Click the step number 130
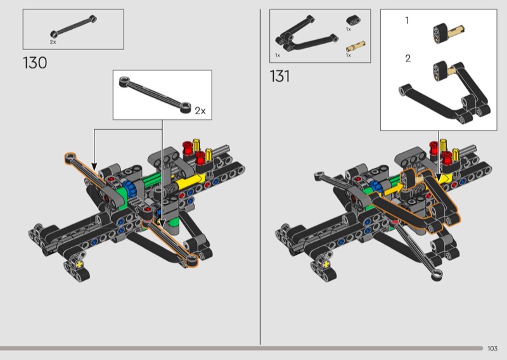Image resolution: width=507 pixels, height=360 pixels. [x=35, y=63]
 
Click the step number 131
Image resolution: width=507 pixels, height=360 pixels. [x=279, y=76]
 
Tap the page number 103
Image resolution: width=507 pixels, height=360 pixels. [x=492, y=349]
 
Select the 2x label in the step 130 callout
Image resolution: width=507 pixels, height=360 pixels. [x=200, y=111]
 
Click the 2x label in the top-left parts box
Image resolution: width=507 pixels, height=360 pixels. [x=53, y=42]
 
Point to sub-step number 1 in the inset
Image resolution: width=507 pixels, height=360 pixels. [x=407, y=21]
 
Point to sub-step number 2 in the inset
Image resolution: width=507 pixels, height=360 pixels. [x=408, y=58]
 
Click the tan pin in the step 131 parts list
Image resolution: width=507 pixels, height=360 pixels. [x=356, y=46]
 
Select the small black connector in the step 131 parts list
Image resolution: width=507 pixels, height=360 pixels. [x=354, y=20]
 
